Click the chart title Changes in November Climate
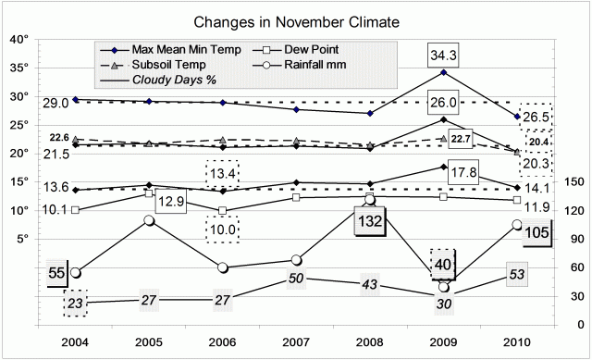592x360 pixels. tap(296, 20)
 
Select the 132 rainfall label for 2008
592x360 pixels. tap(370, 222)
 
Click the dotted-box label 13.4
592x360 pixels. tap(222, 173)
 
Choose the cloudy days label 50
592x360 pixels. tap(297, 279)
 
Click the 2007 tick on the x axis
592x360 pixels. tap(297, 342)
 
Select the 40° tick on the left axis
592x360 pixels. tap(20, 39)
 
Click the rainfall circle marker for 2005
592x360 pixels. tap(149, 220)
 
